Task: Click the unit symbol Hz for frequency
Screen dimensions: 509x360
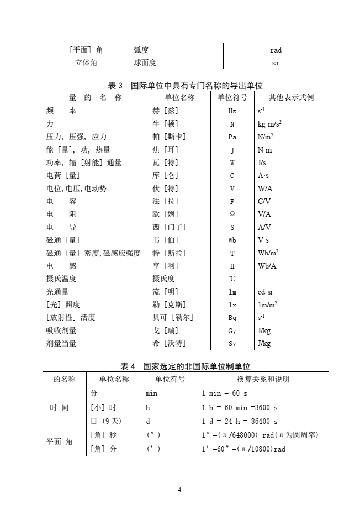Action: click(x=232, y=111)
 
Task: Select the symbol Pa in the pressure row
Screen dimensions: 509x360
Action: click(x=232, y=137)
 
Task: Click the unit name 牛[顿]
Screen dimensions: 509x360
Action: click(x=165, y=124)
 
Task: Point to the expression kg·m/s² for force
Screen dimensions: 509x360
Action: click(x=270, y=124)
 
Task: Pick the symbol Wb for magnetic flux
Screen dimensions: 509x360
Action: click(x=232, y=240)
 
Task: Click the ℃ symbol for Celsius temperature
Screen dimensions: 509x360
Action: click(x=232, y=279)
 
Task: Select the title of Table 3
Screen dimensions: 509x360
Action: click(x=186, y=86)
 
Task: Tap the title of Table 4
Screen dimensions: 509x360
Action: click(x=186, y=366)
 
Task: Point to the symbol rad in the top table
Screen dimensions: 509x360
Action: click(x=276, y=50)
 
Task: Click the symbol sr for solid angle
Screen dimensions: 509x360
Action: click(x=276, y=63)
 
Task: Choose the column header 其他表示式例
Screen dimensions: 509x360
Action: click(x=291, y=98)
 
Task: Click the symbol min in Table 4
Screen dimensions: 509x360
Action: click(x=151, y=394)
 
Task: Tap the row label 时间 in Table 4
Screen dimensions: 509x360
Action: click(x=59, y=408)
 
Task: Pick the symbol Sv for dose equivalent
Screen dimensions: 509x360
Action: click(x=232, y=344)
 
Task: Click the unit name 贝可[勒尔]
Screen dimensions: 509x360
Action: click(x=173, y=318)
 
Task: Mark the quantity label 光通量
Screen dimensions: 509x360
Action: click(x=57, y=292)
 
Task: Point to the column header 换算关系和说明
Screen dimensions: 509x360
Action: click(x=263, y=379)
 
